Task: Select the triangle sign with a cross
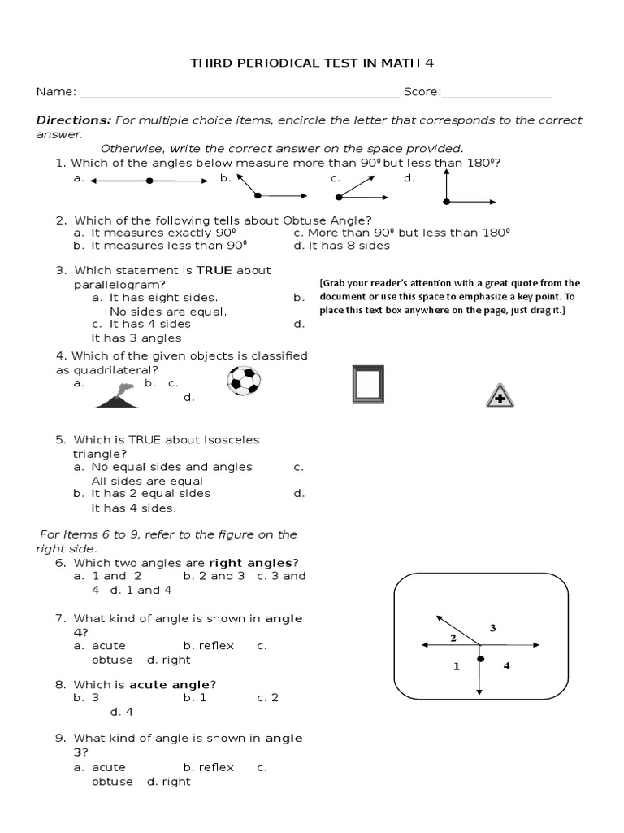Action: coord(500,395)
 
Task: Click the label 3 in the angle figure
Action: coord(492,627)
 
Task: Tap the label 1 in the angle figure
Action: coord(456,666)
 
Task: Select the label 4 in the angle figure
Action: coord(506,666)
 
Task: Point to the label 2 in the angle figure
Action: coord(453,638)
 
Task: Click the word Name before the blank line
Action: coord(53,92)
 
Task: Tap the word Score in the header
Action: coord(420,92)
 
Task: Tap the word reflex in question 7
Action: coord(215,645)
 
